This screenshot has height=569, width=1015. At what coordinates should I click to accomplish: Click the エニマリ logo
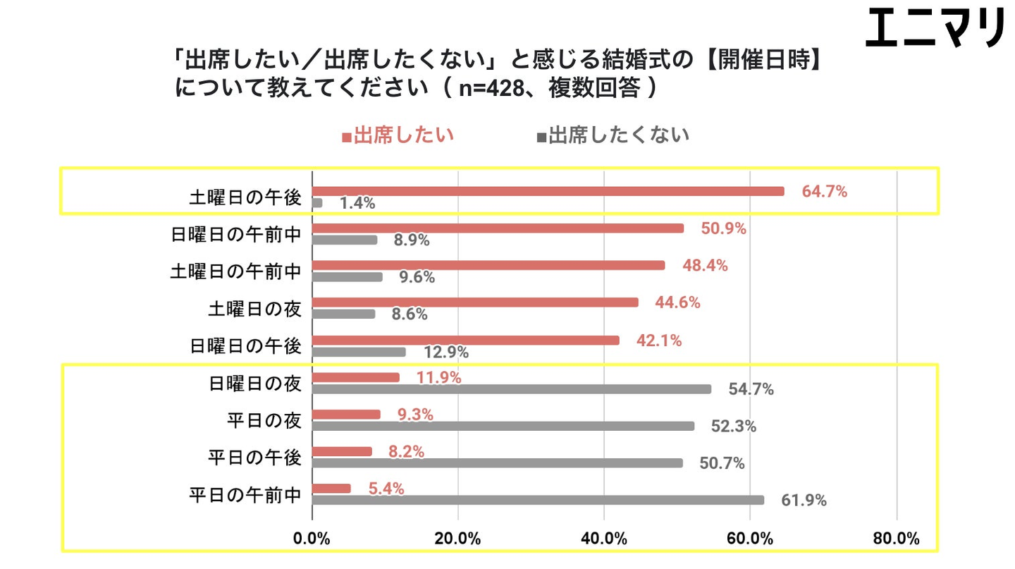coord(935,29)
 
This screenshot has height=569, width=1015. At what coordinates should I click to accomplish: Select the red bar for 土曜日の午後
coord(548,191)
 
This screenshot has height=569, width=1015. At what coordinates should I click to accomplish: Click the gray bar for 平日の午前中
coord(537,500)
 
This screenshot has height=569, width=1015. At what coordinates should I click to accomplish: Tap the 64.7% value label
coord(824,191)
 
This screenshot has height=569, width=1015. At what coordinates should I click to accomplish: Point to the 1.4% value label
coord(357,204)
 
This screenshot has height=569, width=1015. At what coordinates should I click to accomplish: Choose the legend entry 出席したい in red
coord(398,135)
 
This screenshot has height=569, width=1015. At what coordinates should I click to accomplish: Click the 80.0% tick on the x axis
coord(896,539)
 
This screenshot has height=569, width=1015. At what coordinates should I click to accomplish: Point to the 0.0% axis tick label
coord(312,539)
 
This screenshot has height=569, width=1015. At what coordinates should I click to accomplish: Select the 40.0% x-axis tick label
coord(604,539)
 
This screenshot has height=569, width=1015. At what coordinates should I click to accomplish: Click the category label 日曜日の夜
coord(255,383)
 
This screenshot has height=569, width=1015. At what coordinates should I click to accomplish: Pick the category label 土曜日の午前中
coord(236,271)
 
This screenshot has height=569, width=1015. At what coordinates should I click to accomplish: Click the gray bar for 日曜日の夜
coord(511,388)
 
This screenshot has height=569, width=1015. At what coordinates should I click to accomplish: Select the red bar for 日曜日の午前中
coord(498,228)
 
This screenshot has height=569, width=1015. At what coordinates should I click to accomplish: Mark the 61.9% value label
coord(804,501)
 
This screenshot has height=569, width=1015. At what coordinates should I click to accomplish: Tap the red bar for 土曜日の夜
coord(475,302)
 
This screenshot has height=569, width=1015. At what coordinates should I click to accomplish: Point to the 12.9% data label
coord(445,352)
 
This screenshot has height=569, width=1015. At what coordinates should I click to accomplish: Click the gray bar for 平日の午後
coord(497,463)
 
